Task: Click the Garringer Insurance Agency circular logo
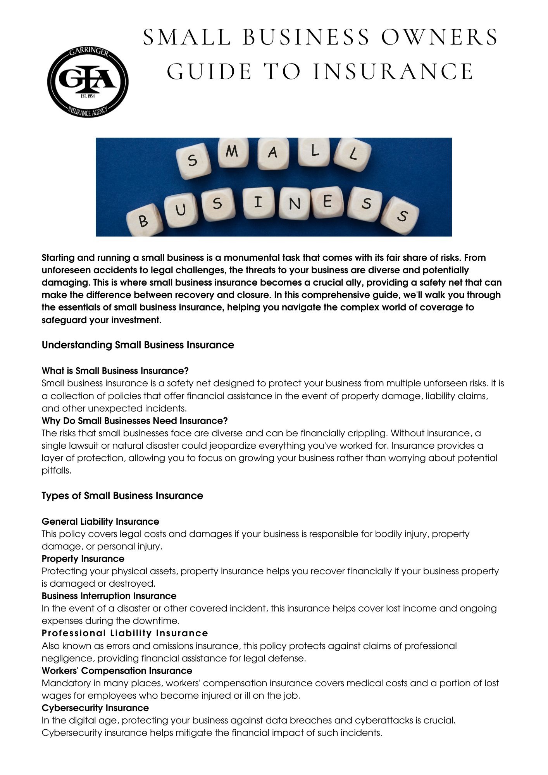point(88,82)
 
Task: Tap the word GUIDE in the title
point(209,72)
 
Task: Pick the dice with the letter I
point(259,202)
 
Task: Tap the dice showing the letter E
point(327,202)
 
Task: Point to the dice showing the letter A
point(273,153)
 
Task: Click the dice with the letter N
point(295,203)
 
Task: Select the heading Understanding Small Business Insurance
point(138,345)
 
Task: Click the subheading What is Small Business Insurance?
point(115,371)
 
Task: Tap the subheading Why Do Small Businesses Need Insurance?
point(134,421)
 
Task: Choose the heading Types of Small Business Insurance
point(122,496)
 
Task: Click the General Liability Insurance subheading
point(100,522)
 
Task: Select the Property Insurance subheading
point(83,559)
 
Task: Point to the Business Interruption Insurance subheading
point(109,596)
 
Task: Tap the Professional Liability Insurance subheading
point(125,633)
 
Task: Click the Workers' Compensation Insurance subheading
point(117,671)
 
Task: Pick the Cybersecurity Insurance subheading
point(95,708)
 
